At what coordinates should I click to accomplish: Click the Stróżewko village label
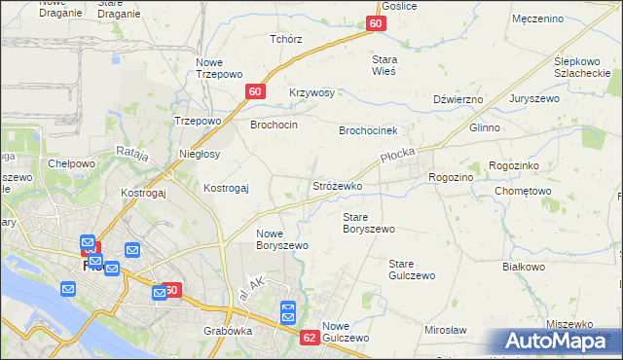pyautogui.click(x=337, y=186)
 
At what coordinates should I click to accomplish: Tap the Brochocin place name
pyautogui.click(x=274, y=126)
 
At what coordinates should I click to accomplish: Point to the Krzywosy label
pyautogui.click(x=311, y=93)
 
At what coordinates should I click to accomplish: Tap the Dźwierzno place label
pyautogui.click(x=458, y=99)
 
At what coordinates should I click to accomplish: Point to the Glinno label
pyautogui.click(x=484, y=127)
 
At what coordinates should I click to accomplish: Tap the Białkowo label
pyautogui.click(x=523, y=266)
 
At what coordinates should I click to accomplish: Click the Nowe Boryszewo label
pyautogui.click(x=282, y=239)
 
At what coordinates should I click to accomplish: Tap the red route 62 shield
pyautogui.click(x=310, y=338)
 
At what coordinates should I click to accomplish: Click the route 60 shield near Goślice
pyautogui.click(x=377, y=24)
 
